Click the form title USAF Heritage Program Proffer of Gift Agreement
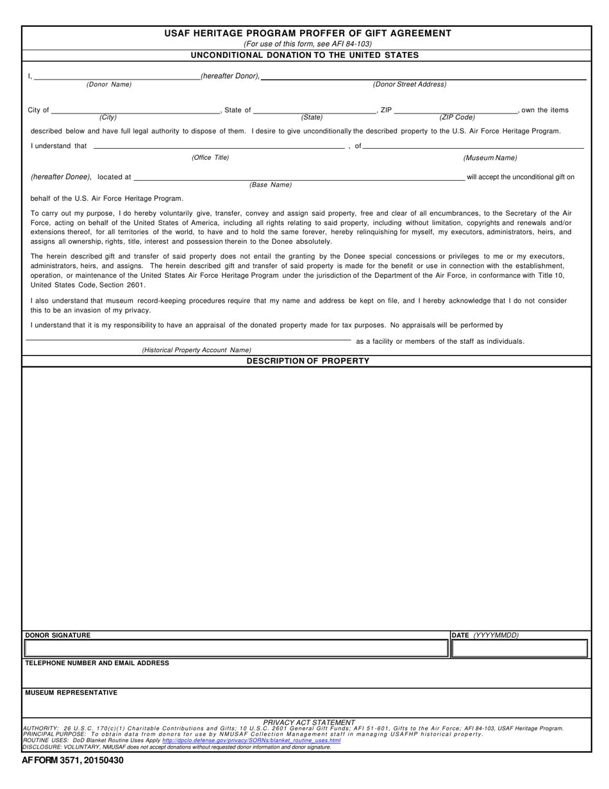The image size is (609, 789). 307,33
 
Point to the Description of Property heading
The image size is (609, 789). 308,361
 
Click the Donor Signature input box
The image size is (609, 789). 236,649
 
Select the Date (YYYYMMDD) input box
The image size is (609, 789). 519,649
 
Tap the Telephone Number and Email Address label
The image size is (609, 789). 97,663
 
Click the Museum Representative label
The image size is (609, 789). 71,693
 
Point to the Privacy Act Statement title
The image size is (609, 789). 308,722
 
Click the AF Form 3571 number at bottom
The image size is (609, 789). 73,760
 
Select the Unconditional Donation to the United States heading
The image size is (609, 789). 305,55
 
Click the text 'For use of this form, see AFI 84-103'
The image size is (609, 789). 307,44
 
